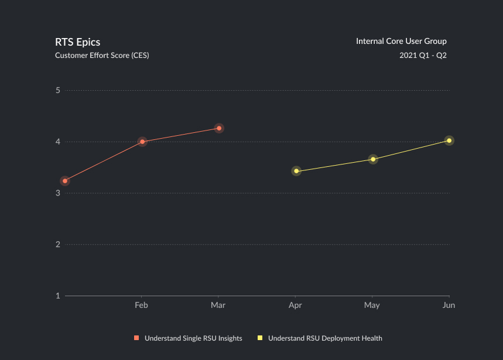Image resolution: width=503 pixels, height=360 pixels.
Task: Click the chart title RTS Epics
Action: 77,42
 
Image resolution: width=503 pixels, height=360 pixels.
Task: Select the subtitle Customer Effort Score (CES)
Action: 102,56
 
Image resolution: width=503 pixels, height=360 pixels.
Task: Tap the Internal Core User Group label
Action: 401,41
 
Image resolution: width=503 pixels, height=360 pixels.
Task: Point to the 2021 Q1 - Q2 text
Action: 423,56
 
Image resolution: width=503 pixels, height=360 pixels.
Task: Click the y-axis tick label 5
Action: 58,91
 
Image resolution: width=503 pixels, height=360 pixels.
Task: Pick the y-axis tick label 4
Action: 58,142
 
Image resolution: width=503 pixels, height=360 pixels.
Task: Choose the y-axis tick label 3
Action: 58,193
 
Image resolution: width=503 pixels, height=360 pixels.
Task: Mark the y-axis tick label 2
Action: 58,244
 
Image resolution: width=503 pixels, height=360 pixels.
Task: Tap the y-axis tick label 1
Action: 58,296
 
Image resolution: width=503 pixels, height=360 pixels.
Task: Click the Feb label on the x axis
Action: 141,305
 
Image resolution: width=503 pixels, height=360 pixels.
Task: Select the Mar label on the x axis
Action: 218,305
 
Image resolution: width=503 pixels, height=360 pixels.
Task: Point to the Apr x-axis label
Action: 295,305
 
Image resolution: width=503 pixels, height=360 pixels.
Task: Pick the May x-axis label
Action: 372,305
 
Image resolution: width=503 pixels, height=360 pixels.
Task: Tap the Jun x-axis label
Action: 449,305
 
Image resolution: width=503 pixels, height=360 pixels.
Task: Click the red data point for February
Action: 142,142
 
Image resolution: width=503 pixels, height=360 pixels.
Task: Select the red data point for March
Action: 219,128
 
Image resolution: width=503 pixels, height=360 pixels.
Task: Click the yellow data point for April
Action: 296,171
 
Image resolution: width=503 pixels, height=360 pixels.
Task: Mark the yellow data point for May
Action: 373,159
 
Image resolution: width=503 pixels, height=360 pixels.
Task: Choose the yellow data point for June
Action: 449,140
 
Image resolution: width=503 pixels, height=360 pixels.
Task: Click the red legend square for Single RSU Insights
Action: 136,338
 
